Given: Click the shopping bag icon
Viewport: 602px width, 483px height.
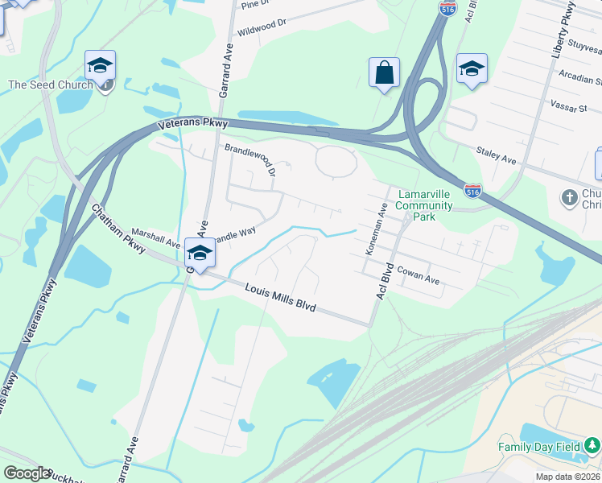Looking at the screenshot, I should point(385,72).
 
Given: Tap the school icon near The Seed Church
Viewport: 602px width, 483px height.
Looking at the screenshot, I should point(101,65).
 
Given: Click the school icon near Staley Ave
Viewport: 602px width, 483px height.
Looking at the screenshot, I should point(472,68).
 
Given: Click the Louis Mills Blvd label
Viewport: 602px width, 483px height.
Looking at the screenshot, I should point(280,298).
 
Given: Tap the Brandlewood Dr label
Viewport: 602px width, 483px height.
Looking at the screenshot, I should point(249,160).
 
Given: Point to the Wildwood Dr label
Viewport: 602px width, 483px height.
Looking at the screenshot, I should point(262,28).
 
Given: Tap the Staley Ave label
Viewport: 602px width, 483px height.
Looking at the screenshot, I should point(496,155).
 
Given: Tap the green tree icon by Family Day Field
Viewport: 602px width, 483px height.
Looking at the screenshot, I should point(592,444).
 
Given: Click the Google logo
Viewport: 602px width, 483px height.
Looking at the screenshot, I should point(26,474).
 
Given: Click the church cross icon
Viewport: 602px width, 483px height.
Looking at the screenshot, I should point(569,196).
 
